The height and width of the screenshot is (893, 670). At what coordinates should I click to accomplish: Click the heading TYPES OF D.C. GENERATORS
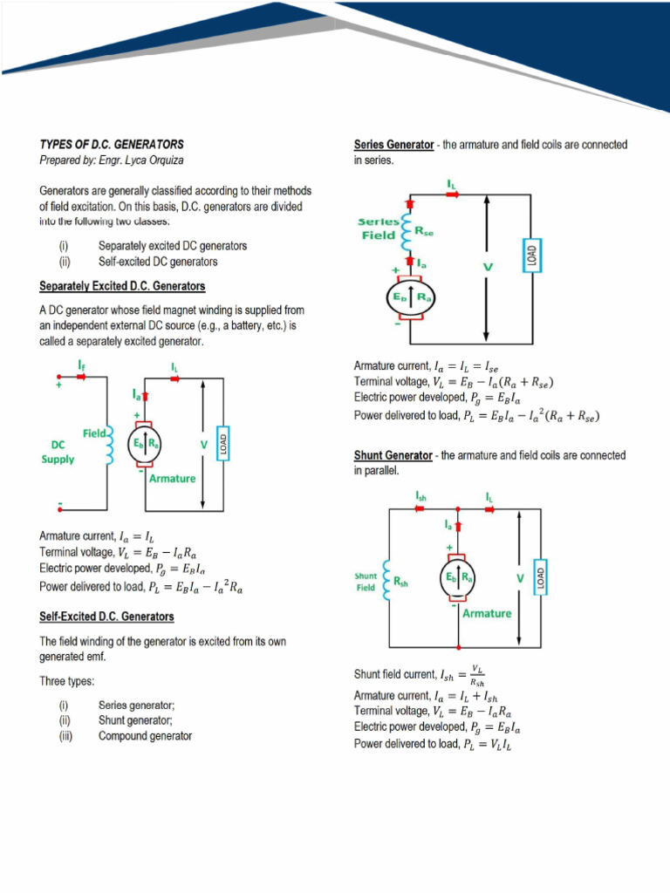tap(112, 144)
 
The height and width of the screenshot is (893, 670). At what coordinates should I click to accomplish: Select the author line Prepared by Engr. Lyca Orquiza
tap(112, 160)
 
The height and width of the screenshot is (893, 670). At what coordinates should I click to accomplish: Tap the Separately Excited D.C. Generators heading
tap(122, 286)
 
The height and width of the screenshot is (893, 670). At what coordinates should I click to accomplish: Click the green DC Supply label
tap(58, 452)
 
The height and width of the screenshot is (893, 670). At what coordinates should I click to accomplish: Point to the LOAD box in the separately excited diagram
tap(222, 442)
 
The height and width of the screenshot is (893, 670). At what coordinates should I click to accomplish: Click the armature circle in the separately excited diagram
tap(146, 443)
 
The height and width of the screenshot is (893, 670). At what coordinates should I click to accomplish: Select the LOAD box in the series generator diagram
tap(530, 255)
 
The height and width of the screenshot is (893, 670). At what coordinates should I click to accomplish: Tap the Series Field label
tap(379, 228)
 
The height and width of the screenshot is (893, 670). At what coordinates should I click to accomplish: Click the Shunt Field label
tap(366, 582)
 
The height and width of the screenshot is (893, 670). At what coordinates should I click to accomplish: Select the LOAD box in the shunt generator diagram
tap(541, 576)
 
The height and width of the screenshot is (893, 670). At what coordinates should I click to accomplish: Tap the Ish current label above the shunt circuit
tap(420, 497)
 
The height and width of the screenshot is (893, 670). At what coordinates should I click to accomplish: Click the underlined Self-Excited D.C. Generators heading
tap(106, 617)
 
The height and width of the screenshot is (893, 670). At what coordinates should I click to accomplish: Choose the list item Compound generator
tap(145, 736)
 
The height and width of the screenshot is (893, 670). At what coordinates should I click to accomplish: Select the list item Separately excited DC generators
tap(172, 246)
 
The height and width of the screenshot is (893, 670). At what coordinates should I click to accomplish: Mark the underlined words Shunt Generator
tap(393, 455)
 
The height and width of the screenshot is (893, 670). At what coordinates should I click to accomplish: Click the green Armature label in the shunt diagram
tap(487, 613)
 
